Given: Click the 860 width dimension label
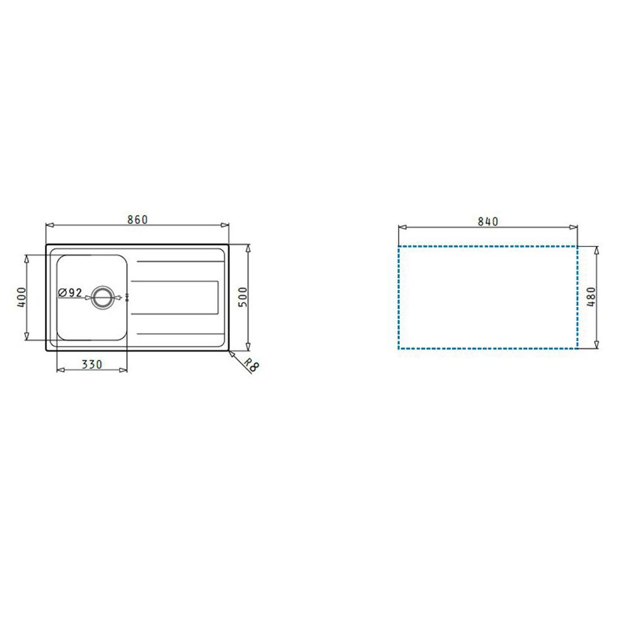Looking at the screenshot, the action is tap(137, 219).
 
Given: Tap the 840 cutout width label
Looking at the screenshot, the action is tap(488, 221).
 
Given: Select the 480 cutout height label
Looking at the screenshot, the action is tap(591, 297).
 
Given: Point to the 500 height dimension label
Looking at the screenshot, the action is tap(242, 297).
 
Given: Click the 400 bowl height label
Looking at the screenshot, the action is tap(21, 298).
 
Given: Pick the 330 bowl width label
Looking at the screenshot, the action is tap(92, 365).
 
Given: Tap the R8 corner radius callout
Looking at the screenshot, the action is tap(251, 365).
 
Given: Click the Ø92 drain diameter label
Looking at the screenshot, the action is tap(70, 293).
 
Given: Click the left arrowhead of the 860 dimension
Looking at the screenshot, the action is tap(50, 226).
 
